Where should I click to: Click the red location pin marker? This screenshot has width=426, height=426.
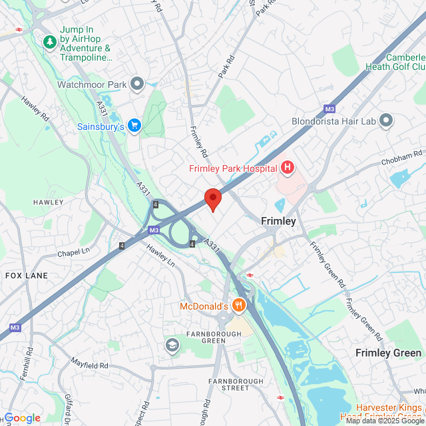pos(212,198)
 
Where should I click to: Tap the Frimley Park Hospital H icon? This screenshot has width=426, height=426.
pos(288,168)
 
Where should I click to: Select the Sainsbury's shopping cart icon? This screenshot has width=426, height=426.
pos(134,126)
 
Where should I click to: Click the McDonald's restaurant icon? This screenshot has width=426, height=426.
pos(239,306)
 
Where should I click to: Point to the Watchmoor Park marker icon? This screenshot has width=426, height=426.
pos(137,84)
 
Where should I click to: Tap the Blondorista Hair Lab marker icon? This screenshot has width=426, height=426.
pos(386,121)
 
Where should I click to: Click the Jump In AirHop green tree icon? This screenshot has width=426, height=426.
pos(50,42)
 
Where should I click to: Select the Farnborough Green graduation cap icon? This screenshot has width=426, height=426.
pos(172,344)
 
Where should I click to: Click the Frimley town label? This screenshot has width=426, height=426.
pos(278,220)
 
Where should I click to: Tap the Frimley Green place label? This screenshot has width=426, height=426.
pos(388,353)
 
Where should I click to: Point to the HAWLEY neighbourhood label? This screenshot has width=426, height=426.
pos(48,202)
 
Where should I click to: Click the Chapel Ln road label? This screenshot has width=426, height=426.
pos(73,252)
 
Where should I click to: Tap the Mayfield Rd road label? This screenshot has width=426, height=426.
pos(91,365)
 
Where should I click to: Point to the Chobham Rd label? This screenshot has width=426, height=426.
pos(402,158)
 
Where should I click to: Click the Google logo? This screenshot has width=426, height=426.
pos(22,418)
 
